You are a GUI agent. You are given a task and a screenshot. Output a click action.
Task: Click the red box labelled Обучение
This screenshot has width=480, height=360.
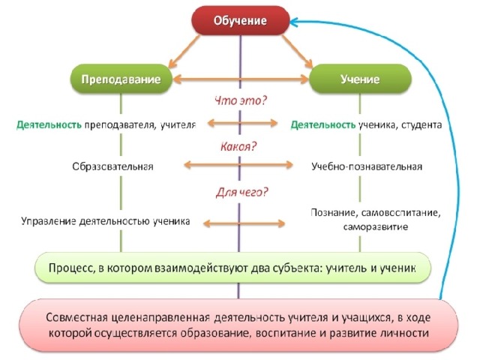pyautogui.click(x=240, y=20)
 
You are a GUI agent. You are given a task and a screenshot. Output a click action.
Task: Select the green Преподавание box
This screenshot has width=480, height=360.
pyautogui.click(x=121, y=79)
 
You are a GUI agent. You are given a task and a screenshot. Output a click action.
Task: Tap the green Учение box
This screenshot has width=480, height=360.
pyautogui.click(x=360, y=79)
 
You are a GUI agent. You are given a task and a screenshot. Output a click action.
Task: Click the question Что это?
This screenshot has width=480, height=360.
pyautogui.click(x=241, y=100)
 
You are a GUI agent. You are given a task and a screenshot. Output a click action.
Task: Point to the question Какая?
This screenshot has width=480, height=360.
pyautogui.click(x=238, y=147)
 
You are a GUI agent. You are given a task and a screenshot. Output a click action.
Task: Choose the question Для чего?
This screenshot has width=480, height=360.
pyautogui.click(x=241, y=192)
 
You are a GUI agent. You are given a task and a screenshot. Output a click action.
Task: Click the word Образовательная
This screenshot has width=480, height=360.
pyautogui.click(x=112, y=166)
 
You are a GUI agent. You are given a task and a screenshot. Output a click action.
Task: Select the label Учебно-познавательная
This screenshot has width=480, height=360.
pyautogui.click(x=367, y=166)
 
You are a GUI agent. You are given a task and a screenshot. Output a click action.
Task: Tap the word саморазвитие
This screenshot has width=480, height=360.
pyautogui.click(x=375, y=226)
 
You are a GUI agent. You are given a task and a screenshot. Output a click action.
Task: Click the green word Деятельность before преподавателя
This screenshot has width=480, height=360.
pyautogui.click(x=49, y=125)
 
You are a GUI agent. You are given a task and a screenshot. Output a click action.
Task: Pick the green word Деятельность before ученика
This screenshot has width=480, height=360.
pyautogui.click(x=323, y=125)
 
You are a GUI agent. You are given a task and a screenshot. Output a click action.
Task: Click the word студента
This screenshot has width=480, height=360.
pyautogui.click(x=421, y=125)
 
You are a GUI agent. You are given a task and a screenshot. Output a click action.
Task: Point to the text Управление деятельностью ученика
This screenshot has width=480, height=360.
pyautogui.click(x=106, y=221)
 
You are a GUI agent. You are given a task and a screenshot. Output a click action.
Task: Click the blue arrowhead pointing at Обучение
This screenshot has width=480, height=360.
pyautogui.click(x=295, y=22)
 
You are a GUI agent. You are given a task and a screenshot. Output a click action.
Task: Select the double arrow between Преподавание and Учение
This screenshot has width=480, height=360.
pyautogui.click(x=241, y=79)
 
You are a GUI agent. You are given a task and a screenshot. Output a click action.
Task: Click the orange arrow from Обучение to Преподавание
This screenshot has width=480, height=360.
pyautogui.click(x=184, y=52)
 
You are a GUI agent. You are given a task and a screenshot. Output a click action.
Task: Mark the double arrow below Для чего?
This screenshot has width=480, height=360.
pyautogui.click(x=244, y=223)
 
